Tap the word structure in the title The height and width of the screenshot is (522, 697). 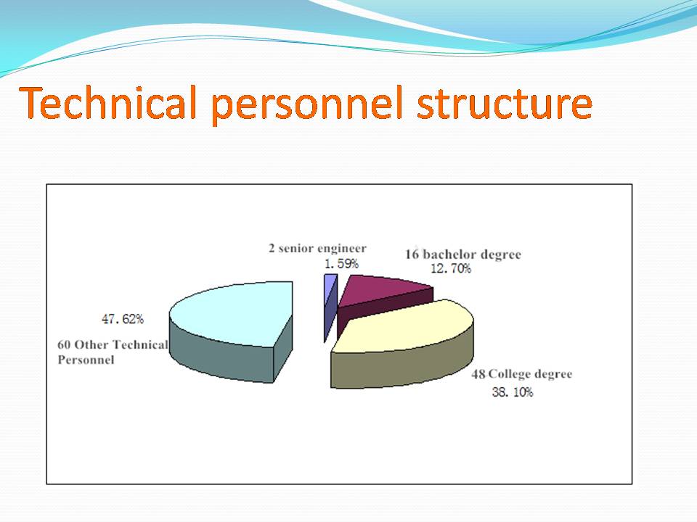505,104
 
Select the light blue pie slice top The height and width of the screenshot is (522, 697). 235,312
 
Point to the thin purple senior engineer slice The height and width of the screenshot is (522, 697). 330,306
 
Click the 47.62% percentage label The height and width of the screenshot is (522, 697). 123,319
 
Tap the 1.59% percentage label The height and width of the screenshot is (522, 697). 341,264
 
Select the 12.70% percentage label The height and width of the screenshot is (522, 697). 451,268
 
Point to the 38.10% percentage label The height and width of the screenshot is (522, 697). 513,392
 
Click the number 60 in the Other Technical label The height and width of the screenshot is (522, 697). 64,345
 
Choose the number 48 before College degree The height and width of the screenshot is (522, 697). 478,374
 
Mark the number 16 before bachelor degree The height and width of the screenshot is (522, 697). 412,254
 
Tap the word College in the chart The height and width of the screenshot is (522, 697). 505,374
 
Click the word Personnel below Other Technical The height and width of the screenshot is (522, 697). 86,360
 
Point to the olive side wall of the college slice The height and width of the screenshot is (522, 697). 402,368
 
